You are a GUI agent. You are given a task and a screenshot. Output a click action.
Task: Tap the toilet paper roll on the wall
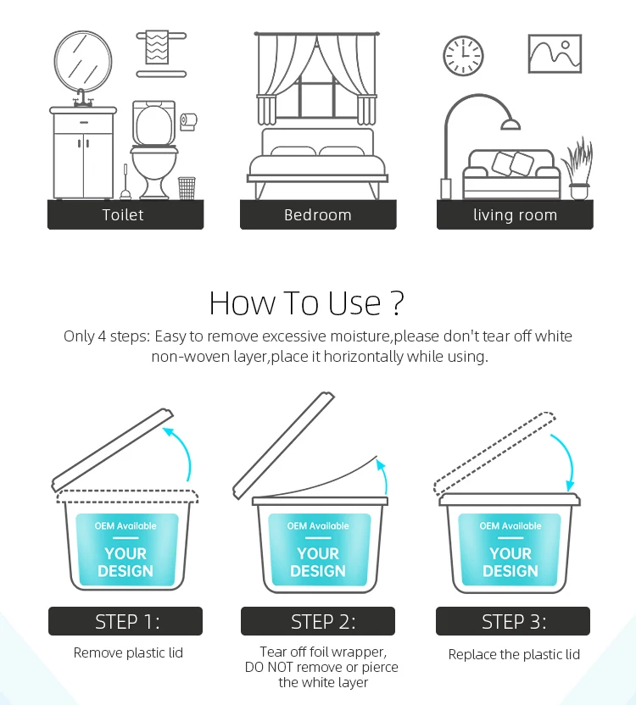[188, 121]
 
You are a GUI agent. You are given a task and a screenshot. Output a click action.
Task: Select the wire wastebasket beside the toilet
[187, 188]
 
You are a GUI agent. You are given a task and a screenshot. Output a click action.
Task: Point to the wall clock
[463, 56]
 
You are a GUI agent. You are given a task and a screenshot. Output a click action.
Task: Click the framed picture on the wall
[555, 53]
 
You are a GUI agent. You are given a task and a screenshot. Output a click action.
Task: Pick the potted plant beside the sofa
[578, 169]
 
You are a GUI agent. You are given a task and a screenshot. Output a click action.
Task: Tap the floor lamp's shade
[510, 124]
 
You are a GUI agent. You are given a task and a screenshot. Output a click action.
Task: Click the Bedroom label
[318, 214]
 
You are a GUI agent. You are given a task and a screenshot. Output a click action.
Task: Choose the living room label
[515, 214]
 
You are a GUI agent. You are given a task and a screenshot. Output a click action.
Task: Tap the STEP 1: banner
[126, 621]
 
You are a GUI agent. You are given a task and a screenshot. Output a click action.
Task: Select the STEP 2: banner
[318, 621]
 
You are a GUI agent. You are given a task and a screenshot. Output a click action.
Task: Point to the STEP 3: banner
[513, 621]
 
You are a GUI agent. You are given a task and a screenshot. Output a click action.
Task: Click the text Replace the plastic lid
[514, 654]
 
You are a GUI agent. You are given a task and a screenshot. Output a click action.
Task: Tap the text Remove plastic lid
[128, 652]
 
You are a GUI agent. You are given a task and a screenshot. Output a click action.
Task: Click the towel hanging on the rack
[157, 47]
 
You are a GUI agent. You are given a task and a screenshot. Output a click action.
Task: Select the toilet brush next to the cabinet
[126, 183]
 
